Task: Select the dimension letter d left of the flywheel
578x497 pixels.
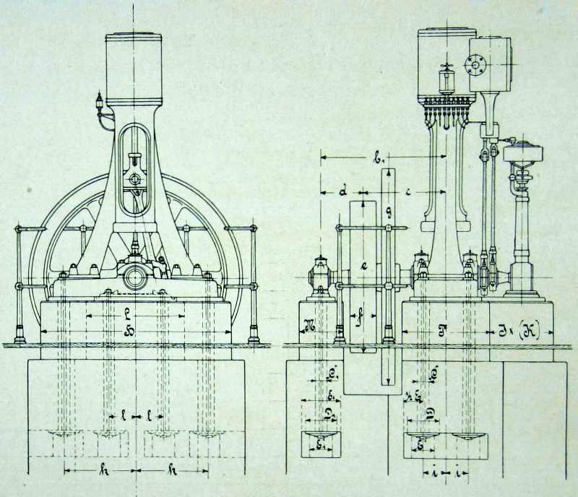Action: click(x=344, y=192)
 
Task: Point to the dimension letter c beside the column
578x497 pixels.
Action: click(x=410, y=191)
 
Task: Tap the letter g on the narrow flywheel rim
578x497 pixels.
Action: click(x=389, y=212)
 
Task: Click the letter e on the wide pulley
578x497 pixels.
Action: click(x=365, y=265)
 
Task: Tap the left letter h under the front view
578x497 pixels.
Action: click(x=103, y=470)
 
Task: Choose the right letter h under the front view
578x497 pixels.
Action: click(x=171, y=470)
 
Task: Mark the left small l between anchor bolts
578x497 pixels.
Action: click(x=124, y=417)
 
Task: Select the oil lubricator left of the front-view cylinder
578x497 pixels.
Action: click(x=98, y=105)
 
